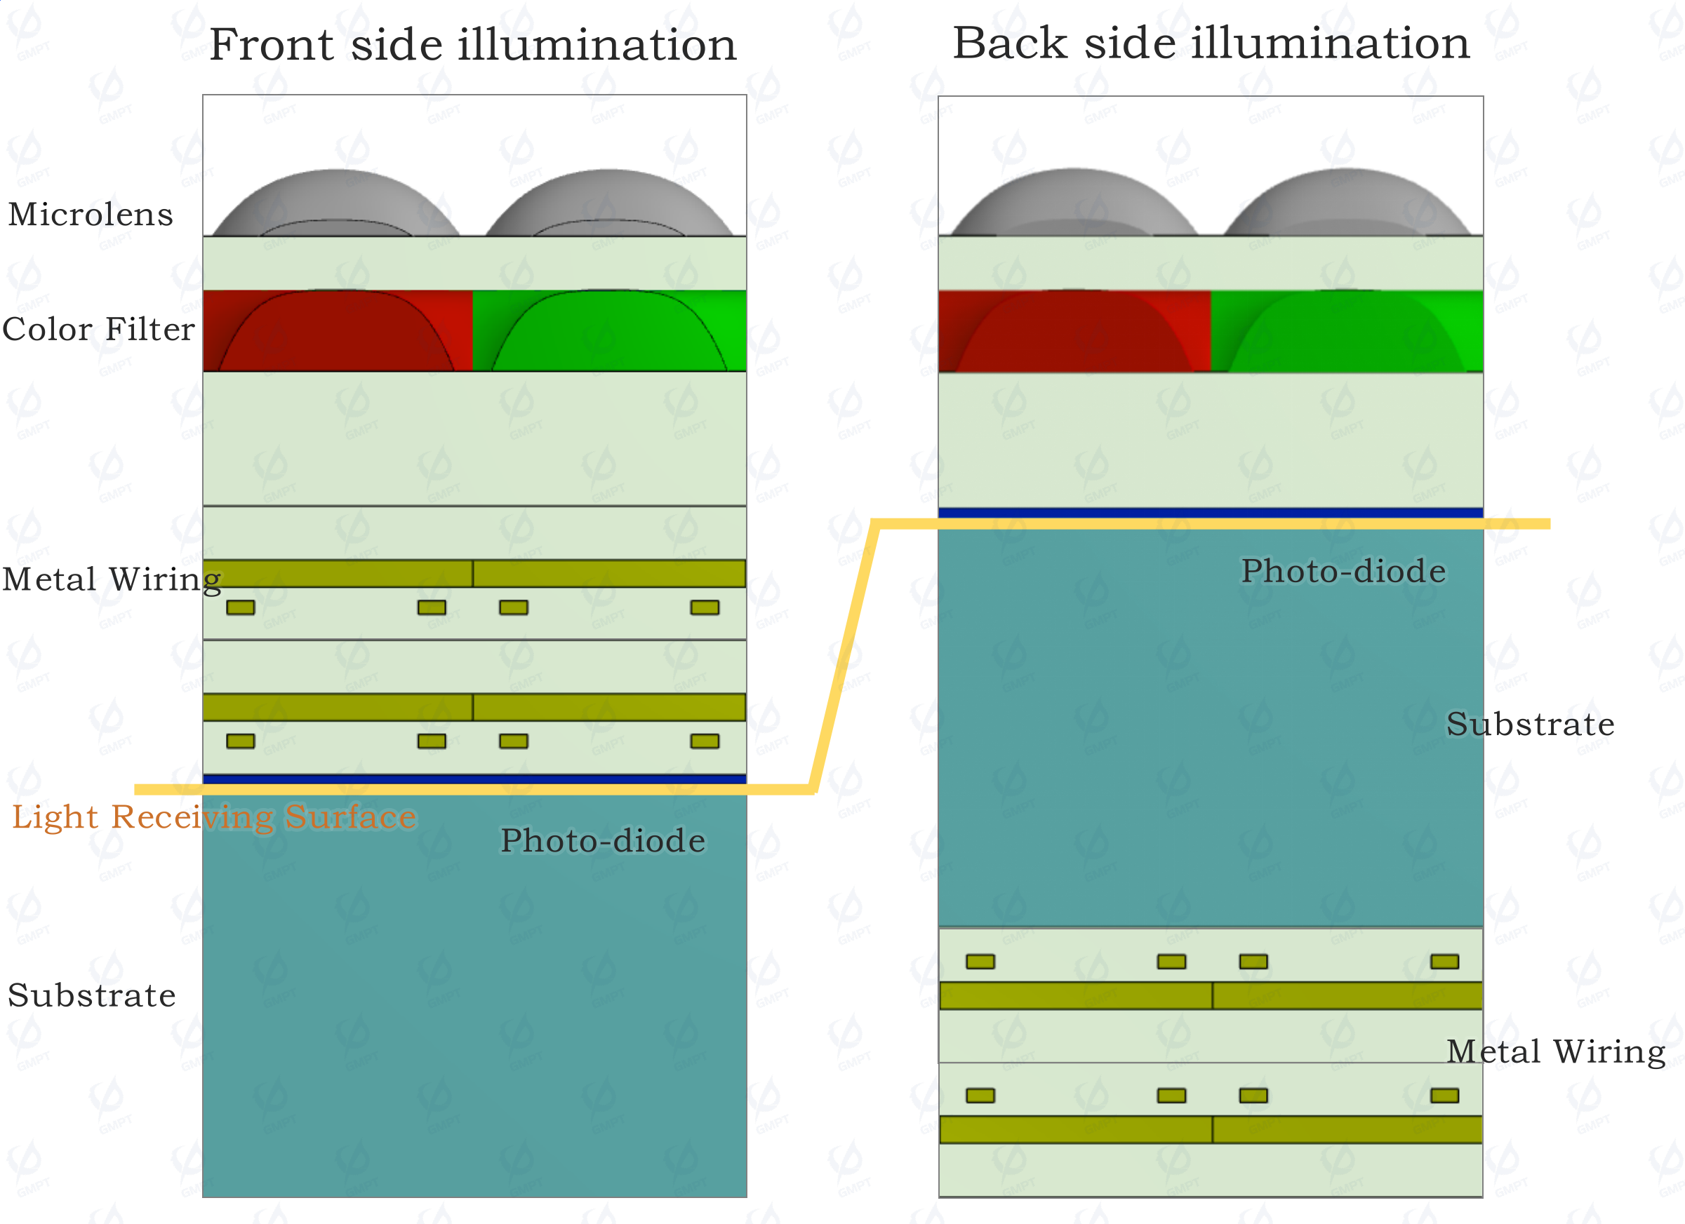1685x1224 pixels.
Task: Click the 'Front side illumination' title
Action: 473,45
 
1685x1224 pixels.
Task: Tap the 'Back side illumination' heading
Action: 1211,42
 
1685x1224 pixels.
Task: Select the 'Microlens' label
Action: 91,214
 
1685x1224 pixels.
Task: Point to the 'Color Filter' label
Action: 99,329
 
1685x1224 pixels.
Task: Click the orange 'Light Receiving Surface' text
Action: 214,818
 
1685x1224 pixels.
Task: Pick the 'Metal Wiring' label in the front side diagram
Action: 112,580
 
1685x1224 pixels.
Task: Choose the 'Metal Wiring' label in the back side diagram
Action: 1556,1052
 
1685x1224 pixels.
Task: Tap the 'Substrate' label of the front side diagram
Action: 92,995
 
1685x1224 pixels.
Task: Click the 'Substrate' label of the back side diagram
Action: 1531,724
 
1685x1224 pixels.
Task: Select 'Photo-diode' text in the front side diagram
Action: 603,841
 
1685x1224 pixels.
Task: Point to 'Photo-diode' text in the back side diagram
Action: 1344,571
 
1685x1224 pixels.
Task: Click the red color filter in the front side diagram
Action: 338,330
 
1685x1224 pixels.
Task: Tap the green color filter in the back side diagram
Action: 1347,331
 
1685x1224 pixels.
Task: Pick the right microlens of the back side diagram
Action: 1347,203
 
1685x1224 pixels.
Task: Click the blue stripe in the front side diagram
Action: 474,779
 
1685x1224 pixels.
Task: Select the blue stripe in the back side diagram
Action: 1211,513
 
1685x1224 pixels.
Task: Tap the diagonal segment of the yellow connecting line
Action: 846,657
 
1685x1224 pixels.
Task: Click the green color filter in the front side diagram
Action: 609,330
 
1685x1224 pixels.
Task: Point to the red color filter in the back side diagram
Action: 1075,331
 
